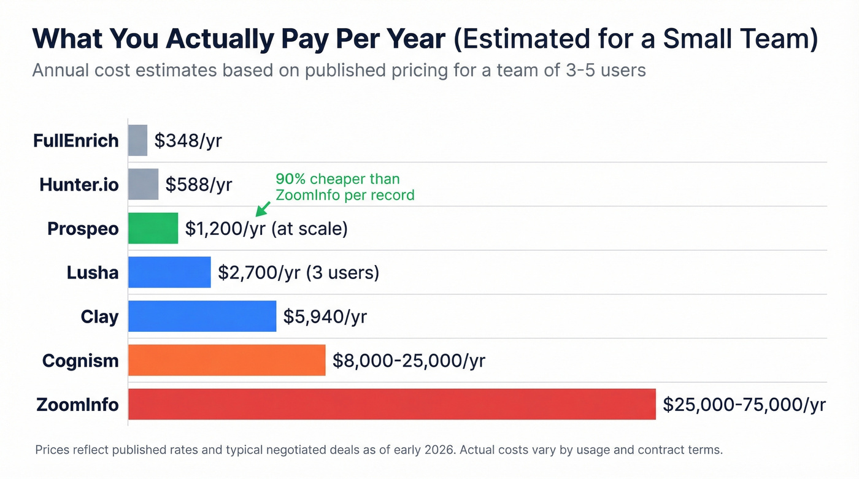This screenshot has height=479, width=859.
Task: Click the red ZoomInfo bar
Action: [391, 404]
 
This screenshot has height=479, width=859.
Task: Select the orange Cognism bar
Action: [226, 360]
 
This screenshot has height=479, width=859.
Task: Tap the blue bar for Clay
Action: [202, 316]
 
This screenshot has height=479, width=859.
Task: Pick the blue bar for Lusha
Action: [169, 272]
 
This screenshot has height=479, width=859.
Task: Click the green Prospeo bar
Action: [153, 228]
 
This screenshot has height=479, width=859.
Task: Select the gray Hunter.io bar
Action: [143, 184]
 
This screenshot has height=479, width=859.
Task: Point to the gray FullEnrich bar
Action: [137, 140]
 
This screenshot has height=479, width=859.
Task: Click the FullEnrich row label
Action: [75, 140]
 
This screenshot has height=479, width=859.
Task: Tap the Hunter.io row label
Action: [79, 184]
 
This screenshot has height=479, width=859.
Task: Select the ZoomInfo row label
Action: [77, 404]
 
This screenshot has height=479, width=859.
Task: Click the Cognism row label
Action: [80, 360]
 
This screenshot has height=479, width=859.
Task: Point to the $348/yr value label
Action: [188, 140]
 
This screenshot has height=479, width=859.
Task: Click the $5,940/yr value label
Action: [325, 316]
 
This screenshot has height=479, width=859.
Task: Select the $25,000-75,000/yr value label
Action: [744, 404]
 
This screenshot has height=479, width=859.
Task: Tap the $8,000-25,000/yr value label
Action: [408, 361]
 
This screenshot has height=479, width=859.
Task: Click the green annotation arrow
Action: [263, 209]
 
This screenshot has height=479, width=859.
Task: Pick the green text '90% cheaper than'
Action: [337, 179]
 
